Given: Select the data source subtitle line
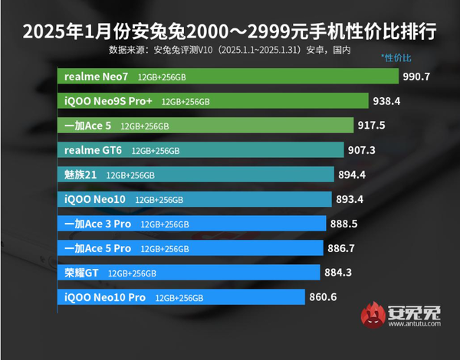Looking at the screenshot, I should pyautogui.click(x=230, y=51).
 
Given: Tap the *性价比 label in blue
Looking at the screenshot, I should pyautogui.click(x=396, y=59).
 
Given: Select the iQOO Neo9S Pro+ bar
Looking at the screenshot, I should pyautogui.click(x=215, y=100).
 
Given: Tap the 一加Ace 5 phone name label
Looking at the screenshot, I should pyautogui.click(x=88, y=126).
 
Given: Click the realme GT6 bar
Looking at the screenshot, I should pyautogui.click(x=200, y=149).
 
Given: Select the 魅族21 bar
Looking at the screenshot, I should pyautogui.click(x=195, y=175).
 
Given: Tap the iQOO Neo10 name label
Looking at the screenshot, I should pyautogui.click(x=94, y=199).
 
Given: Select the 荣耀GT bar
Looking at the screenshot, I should pyautogui.click(x=189, y=273).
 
